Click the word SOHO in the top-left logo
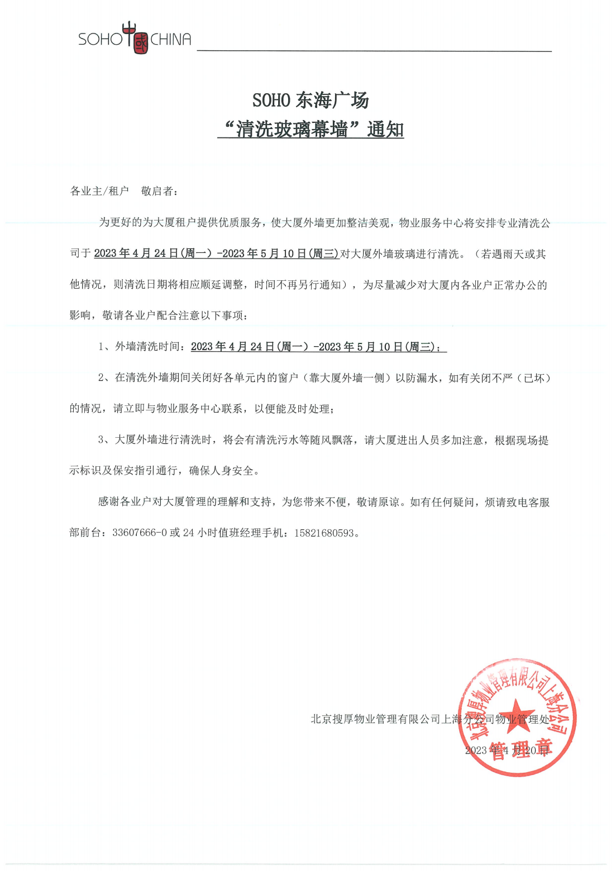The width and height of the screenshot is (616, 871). (x=100, y=39)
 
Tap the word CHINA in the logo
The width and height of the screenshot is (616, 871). (x=171, y=39)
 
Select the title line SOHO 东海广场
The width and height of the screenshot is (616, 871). (x=311, y=100)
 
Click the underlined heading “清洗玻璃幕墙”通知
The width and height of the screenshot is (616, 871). (x=311, y=130)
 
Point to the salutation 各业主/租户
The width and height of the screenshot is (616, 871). (x=99, y=192)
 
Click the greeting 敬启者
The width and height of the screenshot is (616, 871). (x=157, y=192)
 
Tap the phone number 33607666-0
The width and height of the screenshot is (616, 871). (x=140, y=533)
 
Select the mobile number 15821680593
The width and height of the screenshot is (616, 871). (x=324, y=533)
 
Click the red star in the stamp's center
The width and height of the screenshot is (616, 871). (x=517, y=711)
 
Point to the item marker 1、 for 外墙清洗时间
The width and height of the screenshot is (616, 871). (x=104, y=347)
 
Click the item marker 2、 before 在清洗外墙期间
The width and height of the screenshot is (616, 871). (x=104, y=378)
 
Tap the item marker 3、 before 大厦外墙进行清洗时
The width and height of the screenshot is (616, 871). (x=104, y=440)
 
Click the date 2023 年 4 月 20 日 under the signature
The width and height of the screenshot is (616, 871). (x=507, y=750)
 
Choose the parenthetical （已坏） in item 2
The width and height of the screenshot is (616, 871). (x=534, y=378)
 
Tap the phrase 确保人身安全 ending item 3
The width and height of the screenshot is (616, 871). (x=221, y=471)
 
